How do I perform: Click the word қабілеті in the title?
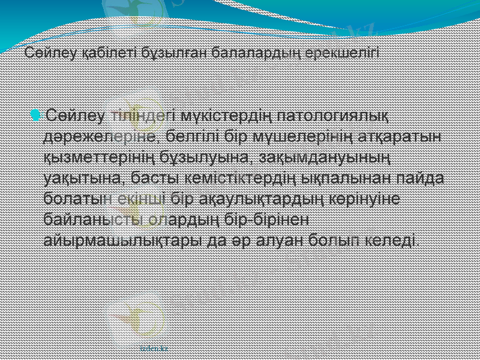(x=97, y=53)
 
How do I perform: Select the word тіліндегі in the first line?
(x=142, y=115)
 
